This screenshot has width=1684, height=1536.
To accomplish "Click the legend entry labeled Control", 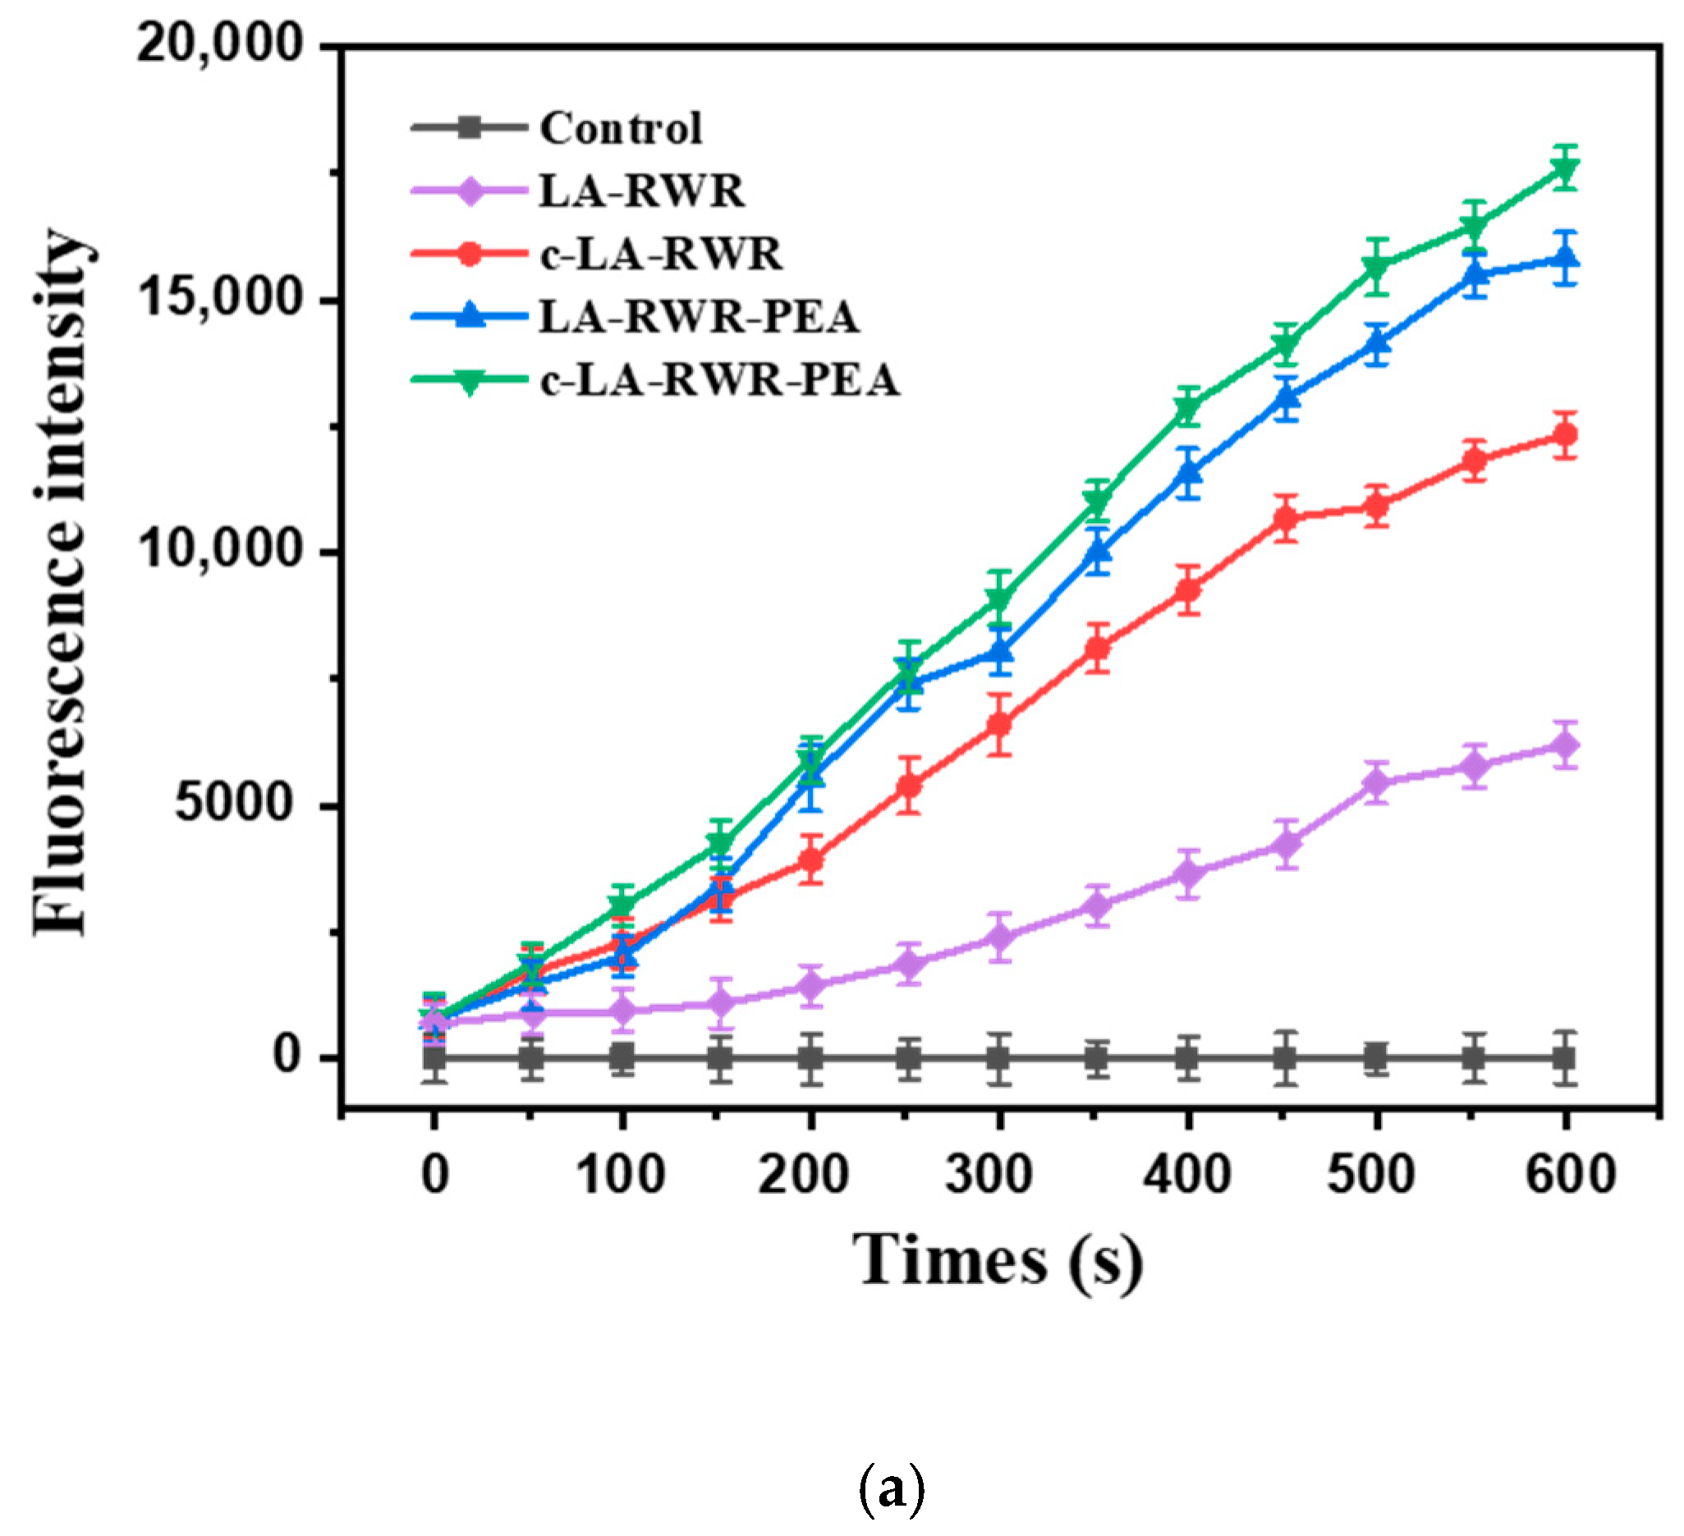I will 620,128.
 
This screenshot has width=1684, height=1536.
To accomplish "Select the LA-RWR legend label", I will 641,191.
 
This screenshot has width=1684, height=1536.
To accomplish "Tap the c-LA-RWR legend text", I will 661,254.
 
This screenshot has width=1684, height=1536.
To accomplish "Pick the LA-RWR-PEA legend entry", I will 699,317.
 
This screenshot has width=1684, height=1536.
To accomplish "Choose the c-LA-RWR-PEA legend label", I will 719,380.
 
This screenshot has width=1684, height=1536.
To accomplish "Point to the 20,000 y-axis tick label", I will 219,42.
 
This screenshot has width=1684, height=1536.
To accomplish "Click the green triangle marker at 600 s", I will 1566,170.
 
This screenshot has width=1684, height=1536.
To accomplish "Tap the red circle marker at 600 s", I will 1565,434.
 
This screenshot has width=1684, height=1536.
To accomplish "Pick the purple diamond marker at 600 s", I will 1565,745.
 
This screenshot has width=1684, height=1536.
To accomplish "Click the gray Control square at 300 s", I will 999,1059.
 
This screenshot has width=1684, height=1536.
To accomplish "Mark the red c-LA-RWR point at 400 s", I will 1188,590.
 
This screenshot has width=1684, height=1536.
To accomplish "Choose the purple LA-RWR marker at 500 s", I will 1376,782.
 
